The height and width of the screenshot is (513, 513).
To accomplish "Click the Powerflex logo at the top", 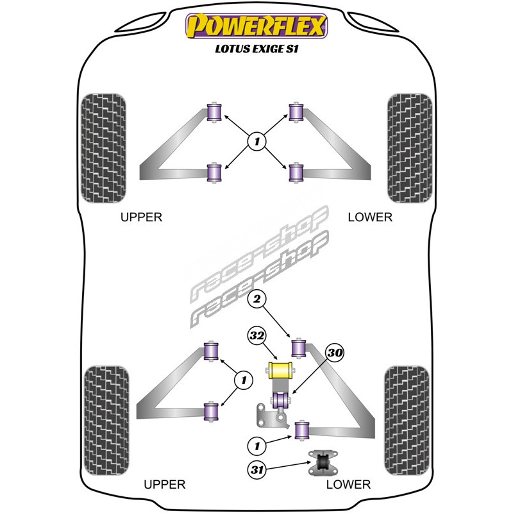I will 256,28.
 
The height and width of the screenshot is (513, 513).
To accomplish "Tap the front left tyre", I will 105,147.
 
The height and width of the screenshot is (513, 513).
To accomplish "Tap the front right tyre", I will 409,147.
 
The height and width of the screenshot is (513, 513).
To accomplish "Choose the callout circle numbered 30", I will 334,351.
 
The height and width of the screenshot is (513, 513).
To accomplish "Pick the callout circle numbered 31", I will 256,470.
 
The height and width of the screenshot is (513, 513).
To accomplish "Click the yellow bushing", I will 279,370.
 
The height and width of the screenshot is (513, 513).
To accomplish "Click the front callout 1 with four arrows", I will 256,141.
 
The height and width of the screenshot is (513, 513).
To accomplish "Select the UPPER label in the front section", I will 142,217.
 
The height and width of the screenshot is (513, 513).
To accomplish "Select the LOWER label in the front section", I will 369,217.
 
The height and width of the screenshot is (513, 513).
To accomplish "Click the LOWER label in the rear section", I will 348,484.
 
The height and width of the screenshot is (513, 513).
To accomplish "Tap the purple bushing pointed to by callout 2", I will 299,348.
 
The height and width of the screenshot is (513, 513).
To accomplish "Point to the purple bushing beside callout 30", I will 280,401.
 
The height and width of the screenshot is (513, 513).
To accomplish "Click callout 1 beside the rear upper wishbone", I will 242,381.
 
